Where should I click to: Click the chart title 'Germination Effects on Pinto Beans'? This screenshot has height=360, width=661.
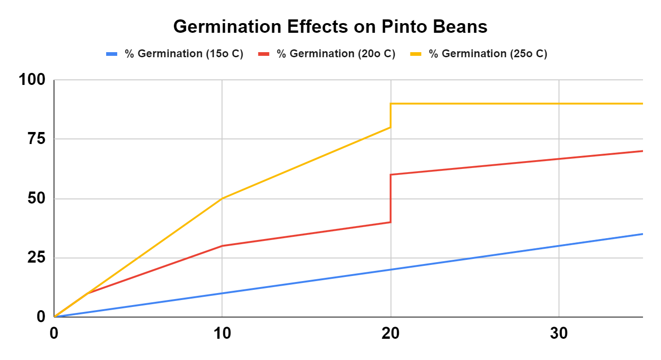click(x=330, y=27)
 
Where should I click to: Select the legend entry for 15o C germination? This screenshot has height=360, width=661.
click(x=184, y=54)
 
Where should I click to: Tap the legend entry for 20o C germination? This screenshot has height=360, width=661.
click(x=336, y=54)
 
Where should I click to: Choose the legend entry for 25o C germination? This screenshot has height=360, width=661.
click(x=488, y=54)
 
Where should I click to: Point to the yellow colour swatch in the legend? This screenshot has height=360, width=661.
click(x=416, y=54)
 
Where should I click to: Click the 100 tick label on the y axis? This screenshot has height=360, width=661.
click(x=32, y=80)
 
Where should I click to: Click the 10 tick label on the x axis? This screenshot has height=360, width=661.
click(x=222, y=334)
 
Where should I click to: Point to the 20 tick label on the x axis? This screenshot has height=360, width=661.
click(x=391, y=334)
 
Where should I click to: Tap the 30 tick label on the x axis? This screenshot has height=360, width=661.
click(x=559, y=334)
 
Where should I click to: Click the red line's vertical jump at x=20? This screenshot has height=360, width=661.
click(x=391, y=198)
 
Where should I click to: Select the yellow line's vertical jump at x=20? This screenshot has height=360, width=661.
click(x=391, y=115)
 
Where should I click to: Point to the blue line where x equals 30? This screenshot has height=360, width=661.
click(x=559, y=246)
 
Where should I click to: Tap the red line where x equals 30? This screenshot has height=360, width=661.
click(x=559, y=159)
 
